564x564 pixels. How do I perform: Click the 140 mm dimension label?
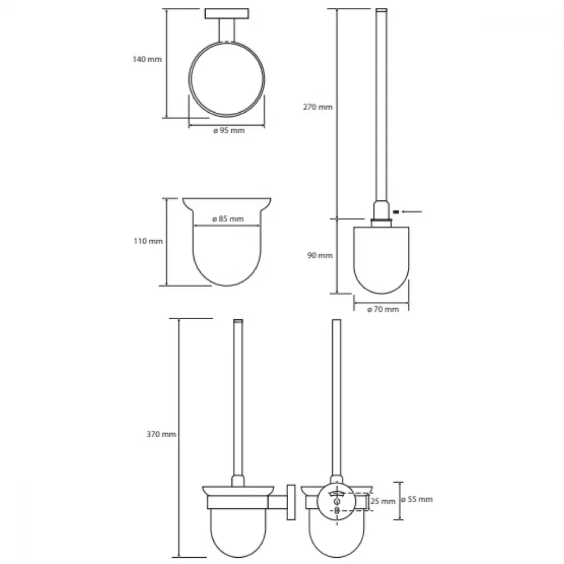pyautogui.click(x=147, y=59)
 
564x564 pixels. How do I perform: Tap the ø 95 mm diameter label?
pyautogui.click(x=229, y=131)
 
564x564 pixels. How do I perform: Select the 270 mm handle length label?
pyautogui.click(x=318, y=107)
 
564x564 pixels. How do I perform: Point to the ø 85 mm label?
pyautogui.click(x=228, y=219)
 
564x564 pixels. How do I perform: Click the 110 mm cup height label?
pyautogui.click(x=148, y=241)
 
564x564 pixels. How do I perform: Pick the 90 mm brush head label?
pyautogui.click(x=320, y=255)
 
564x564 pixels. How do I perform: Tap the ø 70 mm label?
pyautogui.click(x=383, y=309)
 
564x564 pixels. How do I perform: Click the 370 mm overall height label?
pyautogui.click(x=161, y=434)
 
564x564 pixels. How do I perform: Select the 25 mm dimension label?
pyautogui.click(x=383, y=501)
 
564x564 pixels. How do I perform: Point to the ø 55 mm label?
pyautogui.click(x=417, y=499)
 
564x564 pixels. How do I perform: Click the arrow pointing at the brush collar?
pyautogui.click(x=412, y=211)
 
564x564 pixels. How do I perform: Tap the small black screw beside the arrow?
pyautogui.click(x=396, y=211)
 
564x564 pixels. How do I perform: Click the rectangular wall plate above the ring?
pyautogui.click(x=227, y=14)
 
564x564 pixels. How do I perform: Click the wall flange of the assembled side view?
pyautogui.click(x=291, y=502)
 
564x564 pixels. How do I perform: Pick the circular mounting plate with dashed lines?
pyautogui.click(x=336, y=502)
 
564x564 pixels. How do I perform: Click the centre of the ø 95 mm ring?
pyautogui.click(x=227, y=79)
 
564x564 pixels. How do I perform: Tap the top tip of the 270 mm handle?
pyautogui.click(x=381, y=9)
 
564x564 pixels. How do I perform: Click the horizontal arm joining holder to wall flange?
pyautogui.click(x=277, y=502)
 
